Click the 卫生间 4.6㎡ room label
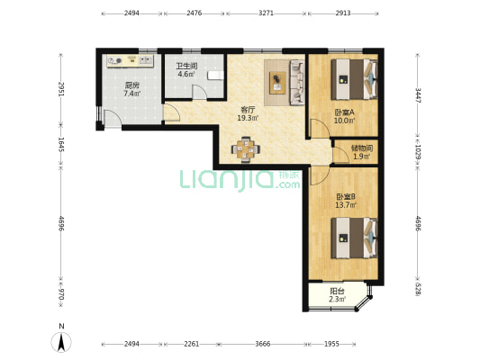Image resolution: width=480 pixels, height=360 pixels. tap(186, 70)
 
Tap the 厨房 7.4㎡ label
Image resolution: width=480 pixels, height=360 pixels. tap(132, 89)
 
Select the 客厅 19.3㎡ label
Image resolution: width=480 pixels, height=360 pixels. tap(248, 113)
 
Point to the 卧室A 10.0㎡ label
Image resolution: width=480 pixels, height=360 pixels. tap(344, 116)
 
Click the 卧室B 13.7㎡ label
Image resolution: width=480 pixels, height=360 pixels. tap(346, 201)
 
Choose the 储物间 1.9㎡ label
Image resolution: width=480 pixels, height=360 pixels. tap(361, 152)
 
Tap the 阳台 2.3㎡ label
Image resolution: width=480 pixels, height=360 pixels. tap(338, 295)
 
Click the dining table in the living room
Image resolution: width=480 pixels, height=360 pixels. tap(246, 149)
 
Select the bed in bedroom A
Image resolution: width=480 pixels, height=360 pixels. tap(354, 79)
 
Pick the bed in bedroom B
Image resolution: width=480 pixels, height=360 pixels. tap(354, 238)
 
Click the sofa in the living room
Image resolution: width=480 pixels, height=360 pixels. tap(297, 83)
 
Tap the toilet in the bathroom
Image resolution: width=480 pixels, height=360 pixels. tap(215, 76)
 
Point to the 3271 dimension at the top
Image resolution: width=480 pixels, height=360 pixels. tap(266, 13)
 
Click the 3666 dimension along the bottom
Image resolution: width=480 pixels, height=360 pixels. tap(263, 344)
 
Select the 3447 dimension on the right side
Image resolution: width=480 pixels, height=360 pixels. tap(418, 95)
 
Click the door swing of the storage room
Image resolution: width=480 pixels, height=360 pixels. tap(340, 155)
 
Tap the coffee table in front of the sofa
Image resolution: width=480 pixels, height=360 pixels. tap(278, 83)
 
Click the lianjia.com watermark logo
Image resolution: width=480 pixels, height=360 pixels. tap(240, 180)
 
